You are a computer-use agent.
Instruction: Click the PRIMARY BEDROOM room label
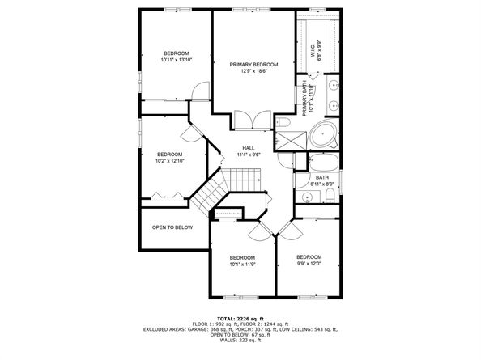(x=253, y=65)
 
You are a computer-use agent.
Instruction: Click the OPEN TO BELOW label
(x=172, y=227)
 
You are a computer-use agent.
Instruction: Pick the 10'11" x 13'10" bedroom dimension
(x=177, y=60)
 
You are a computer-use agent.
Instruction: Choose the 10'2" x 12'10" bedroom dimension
(x=170, y=161)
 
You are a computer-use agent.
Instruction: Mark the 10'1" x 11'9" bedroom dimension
(x=243, y=264)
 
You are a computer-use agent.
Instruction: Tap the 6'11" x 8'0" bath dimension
(x=321, y=184)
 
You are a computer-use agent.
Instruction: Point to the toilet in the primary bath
(x=283, y=123)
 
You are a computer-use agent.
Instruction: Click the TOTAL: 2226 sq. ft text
(x=240, y=320)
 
